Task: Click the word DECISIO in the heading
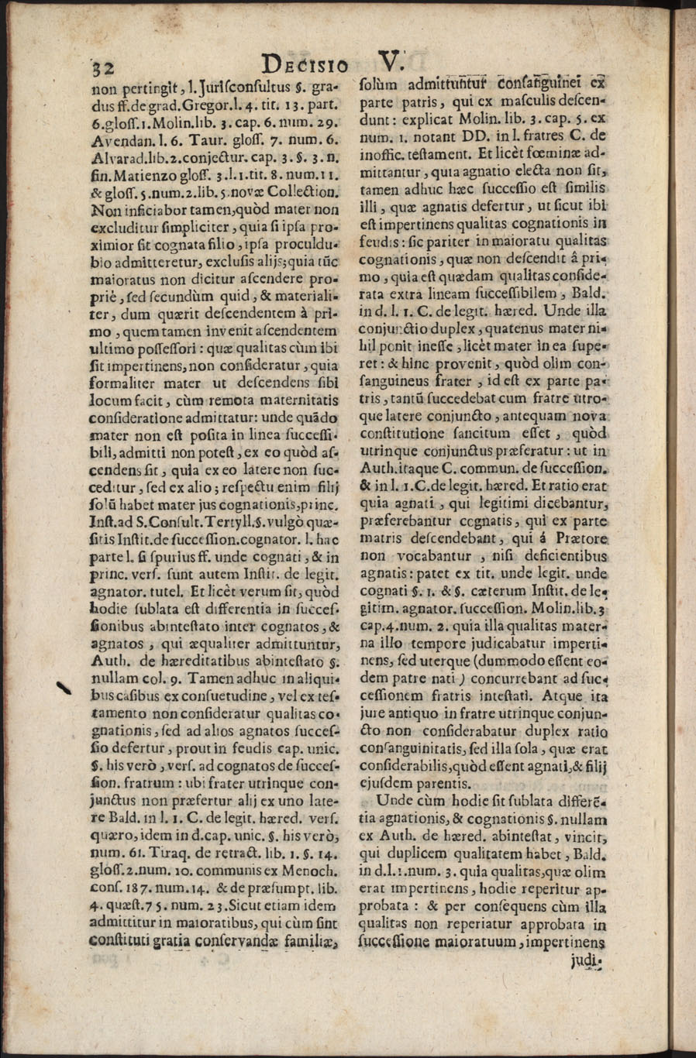tap(305, 64)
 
